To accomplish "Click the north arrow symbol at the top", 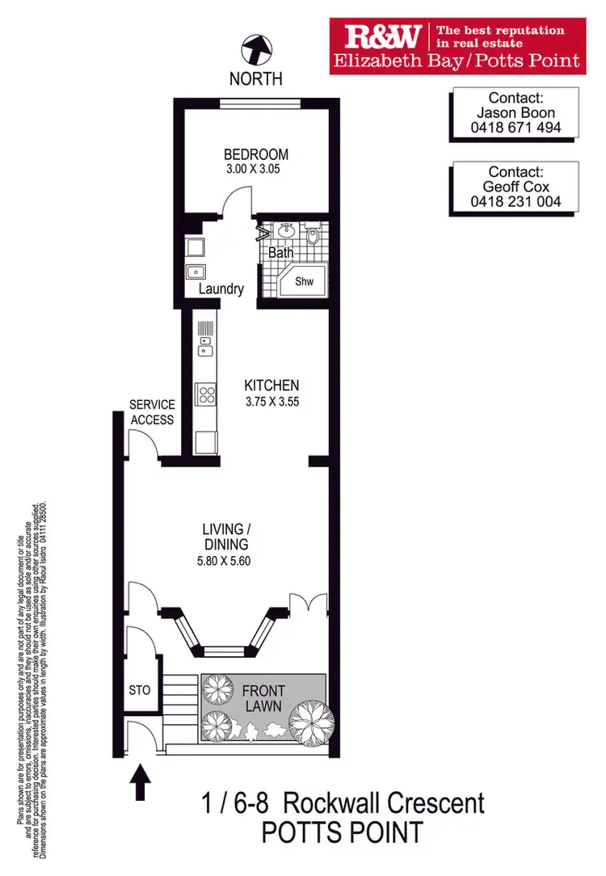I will (256, 51).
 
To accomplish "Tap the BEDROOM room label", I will (256, 154).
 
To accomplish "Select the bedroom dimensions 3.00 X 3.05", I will (256, 170).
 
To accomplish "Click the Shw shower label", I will (304, 281).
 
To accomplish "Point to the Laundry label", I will (221, 288).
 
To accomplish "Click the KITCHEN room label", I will (272, 386).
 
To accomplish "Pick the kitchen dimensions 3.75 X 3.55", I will (272, 401).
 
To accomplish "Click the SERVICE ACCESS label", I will (152, 412).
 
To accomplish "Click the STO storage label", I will (141, 691).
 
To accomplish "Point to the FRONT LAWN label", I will (263, 699).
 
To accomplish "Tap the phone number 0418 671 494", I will (516, 128).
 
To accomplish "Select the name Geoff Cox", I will (516, 187).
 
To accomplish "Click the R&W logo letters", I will (383, 36).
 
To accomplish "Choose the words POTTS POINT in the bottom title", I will (343, 832).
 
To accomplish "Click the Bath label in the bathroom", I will (281, 253).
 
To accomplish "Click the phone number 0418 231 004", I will (516, 201).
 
